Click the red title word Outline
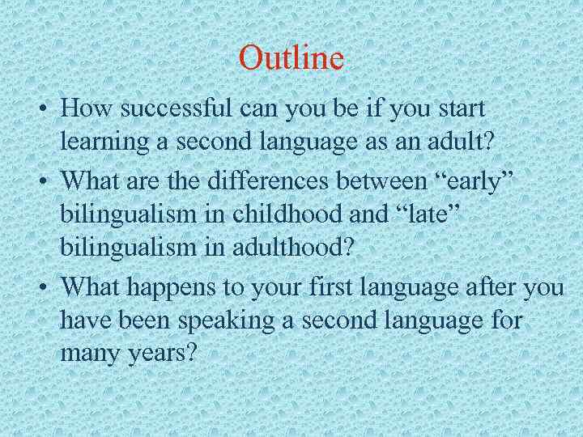[x=291, y=58]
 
